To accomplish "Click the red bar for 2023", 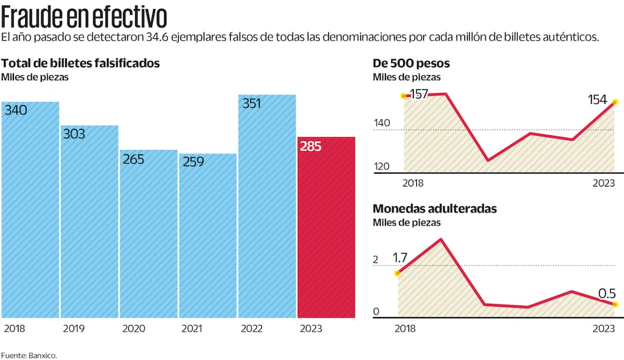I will tap(326, 228).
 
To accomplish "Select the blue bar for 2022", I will tap(267, 206).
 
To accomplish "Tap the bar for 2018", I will tap(30, 210).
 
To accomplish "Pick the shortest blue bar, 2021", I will tap(208, 236).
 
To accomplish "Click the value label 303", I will tap(74, 134).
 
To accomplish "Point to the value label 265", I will tap(133, 159).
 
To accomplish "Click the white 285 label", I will tap(311, 146).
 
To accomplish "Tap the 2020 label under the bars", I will tap(133, 329).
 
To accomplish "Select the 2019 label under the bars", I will tap(74, 329).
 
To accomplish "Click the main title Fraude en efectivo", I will tap(84, 17).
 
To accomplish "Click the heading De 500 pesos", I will tap(411, 63).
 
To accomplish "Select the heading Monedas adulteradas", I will tap(434, 208).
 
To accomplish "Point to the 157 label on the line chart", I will tap(419, 94).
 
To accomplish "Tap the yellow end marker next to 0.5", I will tap(615, 304).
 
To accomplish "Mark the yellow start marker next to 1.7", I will tap(398, 273).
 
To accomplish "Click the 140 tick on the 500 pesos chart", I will tap(381, 123).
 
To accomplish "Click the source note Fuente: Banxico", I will tap(29, 355).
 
